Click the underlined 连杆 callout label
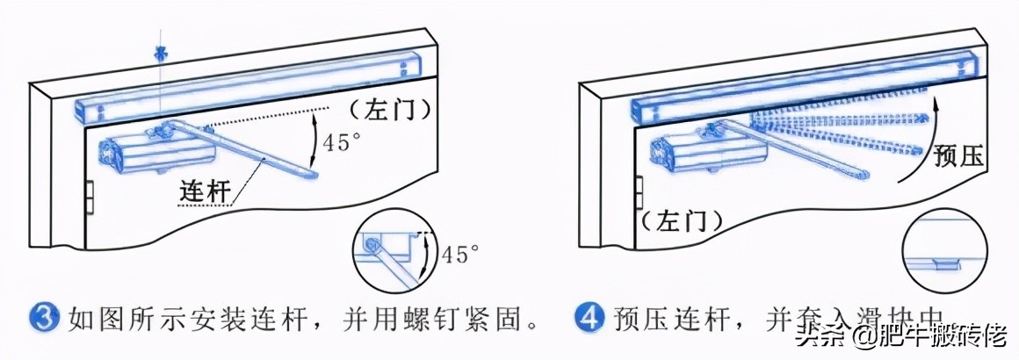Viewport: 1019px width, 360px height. point(205,191)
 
